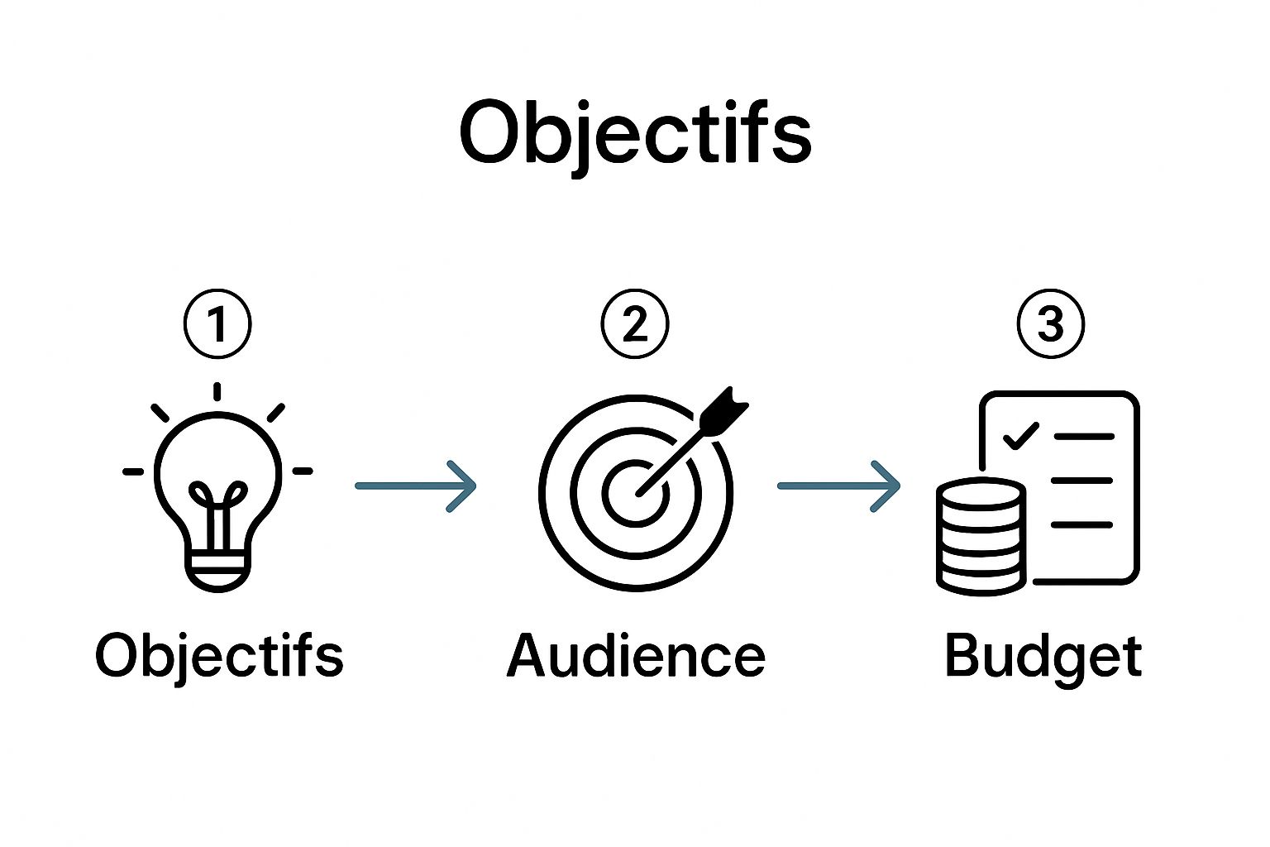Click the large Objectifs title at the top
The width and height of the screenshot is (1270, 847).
pos(635,132)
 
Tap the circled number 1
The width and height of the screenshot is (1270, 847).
pos(217,324)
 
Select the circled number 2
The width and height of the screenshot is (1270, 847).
pos(634,324)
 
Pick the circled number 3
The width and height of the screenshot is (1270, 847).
pos(1050,324)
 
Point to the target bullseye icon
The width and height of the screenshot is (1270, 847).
pos(635,494)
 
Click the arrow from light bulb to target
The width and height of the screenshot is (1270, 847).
pos(416,486)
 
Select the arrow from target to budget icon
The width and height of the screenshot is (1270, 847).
pos(838,486)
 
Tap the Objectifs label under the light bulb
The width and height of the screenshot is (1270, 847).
pos(219,656)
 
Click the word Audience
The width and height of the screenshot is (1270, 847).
pos(635,656)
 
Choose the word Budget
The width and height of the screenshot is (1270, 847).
pos(1043,656)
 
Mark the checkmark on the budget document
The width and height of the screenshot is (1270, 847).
pos(1020,435)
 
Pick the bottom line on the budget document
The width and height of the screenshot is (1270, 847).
pos(1081,524)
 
